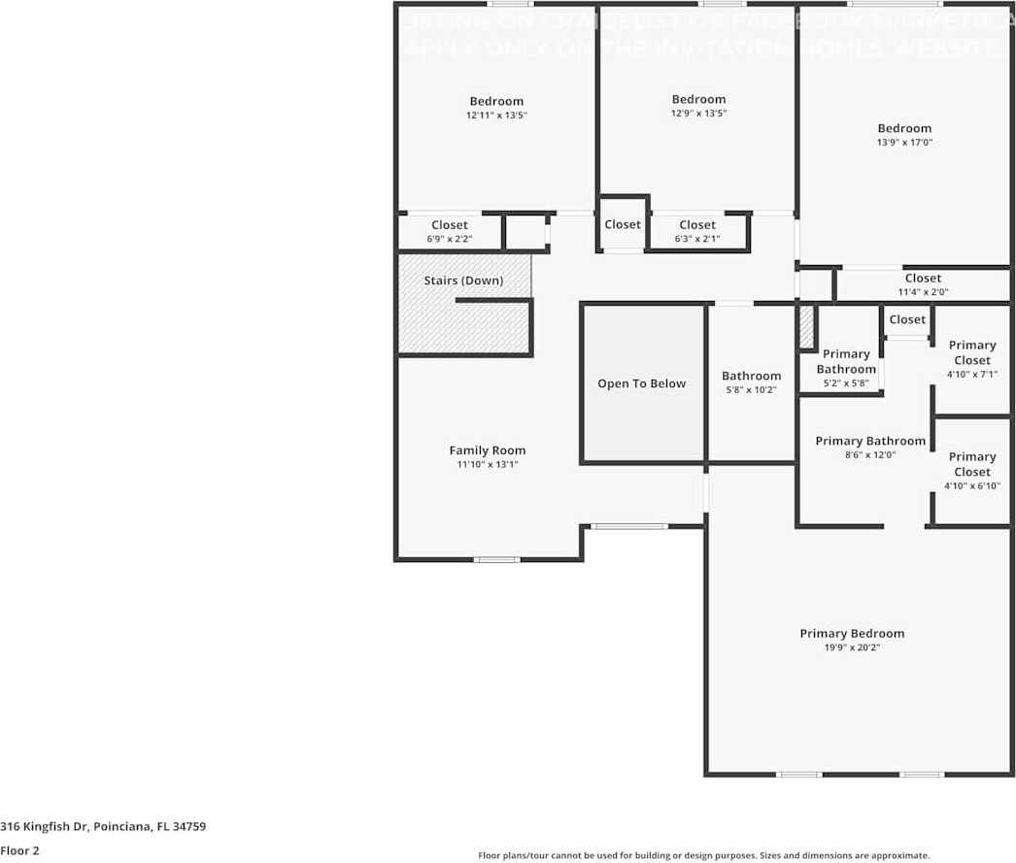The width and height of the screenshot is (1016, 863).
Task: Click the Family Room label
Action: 487,450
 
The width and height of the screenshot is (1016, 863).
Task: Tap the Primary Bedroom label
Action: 852,634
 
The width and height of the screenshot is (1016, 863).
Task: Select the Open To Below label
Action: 641,383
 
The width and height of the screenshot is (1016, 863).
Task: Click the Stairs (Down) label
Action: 463,281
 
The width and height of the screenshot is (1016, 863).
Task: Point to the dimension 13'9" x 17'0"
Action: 904,143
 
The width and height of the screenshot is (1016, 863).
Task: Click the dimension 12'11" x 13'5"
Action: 496,116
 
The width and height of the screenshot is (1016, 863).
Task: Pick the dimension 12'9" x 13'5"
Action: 698,114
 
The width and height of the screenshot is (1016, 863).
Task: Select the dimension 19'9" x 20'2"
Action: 852,647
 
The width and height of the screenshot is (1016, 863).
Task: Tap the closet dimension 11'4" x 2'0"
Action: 923,291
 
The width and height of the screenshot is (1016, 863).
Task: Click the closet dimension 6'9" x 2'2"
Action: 450,239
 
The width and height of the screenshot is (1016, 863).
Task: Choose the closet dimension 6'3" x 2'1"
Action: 697,239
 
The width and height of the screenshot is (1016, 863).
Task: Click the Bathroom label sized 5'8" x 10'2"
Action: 751,376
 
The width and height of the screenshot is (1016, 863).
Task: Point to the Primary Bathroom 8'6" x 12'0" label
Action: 870,441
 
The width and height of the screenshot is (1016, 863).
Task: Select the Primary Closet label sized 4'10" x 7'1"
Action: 971,352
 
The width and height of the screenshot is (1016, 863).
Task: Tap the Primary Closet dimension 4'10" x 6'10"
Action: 971,486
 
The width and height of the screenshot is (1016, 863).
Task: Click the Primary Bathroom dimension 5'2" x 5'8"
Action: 846,383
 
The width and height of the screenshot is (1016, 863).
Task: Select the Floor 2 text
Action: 19,850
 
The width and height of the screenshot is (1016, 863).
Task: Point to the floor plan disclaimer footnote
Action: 703,855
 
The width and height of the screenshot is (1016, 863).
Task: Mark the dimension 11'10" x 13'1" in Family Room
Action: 487,465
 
